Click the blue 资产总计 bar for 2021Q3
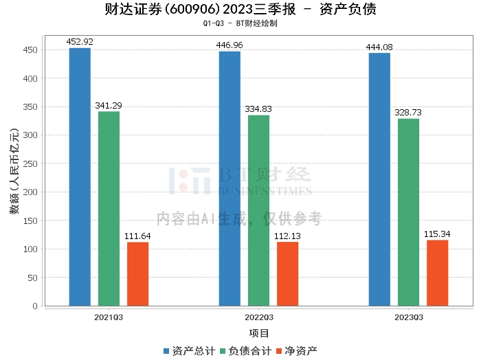click(x=80, y=177)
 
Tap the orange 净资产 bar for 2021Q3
click(x=137, y=273)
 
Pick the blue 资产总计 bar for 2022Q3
click(x=230, y=179)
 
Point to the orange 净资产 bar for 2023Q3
click(x=437, y=273)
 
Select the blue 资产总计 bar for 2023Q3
click(x=379, y=179)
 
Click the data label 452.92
click(x=80, y=42)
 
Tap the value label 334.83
click(x=258, y=109)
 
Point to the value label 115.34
click(x=437, y=234)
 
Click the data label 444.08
click(x=379, y=47)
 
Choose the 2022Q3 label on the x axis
click(x=258, y=317)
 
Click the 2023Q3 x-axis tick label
click(x=408, y=317)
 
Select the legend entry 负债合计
click(x=245, y=351)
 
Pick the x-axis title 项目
click(x=259, y=333)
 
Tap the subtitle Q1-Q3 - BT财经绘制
click(x=240, y=23)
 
